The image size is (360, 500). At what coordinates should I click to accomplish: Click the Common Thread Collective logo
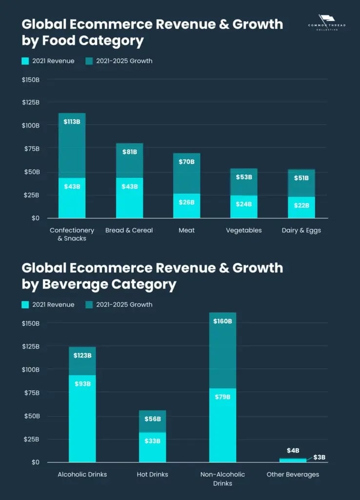(x=327, y=22)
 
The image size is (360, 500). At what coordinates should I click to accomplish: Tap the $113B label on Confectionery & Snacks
(x=72, y=122)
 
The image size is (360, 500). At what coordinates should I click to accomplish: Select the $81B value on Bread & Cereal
(x=129, y=152)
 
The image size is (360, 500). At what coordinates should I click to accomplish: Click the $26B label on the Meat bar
(x=186, y=202)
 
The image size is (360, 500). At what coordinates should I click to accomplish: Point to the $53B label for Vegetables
(x=244, y=177)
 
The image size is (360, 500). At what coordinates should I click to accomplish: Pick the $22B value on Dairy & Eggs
(x=301, y=206)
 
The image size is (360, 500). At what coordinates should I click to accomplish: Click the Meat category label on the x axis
(x=186, y=230)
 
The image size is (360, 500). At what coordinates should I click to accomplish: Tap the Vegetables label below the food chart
(x=244, y=230)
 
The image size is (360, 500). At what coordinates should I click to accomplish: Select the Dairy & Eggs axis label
(x=301, y=230)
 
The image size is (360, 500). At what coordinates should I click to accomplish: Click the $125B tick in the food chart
(x=31, y=103)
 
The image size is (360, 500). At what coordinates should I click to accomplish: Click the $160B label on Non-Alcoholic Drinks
(x=222, y=321)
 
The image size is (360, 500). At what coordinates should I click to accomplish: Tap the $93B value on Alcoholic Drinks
(x=82, y=384)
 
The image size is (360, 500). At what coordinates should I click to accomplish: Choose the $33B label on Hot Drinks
(x=152, y=441)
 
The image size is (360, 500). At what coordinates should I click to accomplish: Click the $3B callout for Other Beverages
(x=319, y=458)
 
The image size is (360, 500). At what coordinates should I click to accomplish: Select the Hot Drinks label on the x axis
(x=152, y=474)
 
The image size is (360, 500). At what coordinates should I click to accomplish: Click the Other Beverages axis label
(x=293, y=474)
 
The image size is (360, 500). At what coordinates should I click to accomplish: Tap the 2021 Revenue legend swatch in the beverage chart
(x=25, y=305)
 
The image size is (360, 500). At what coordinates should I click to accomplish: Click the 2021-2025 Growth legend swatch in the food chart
(x=89, y=61)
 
